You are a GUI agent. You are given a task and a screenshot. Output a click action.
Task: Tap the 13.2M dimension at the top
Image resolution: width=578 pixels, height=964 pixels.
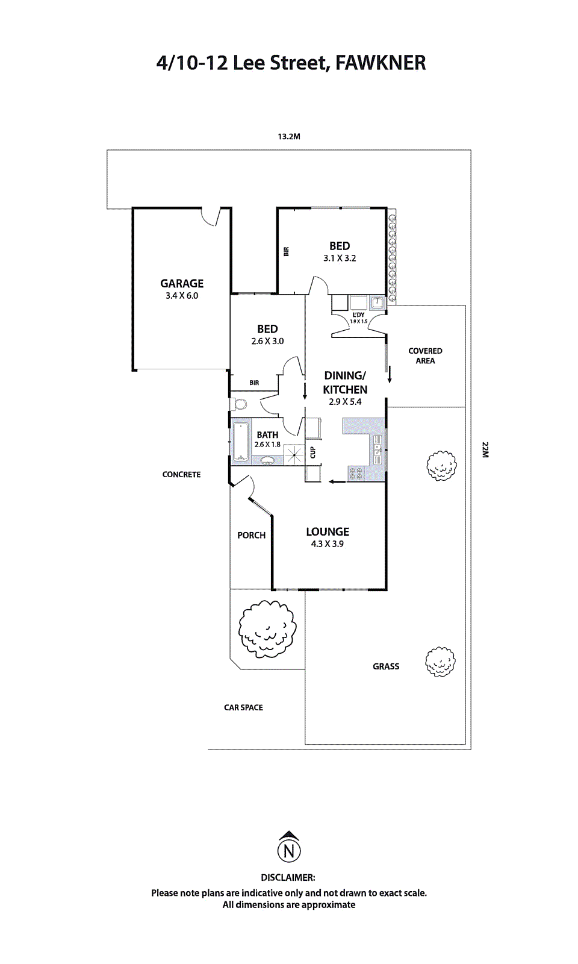(x=289, y=137)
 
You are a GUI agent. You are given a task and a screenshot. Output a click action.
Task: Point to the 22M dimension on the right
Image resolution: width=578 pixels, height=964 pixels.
(x=485, y=449)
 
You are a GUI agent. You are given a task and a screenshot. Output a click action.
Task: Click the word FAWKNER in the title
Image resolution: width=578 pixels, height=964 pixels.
(x=380, y=63)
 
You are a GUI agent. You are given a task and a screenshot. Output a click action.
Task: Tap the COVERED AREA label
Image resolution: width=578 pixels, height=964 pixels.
(x=425, y=355)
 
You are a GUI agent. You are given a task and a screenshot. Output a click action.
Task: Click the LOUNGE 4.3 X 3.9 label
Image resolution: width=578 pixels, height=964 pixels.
(x=328, y=537)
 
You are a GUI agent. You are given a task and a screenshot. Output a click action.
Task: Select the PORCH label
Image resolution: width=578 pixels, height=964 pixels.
(x=251, y=535)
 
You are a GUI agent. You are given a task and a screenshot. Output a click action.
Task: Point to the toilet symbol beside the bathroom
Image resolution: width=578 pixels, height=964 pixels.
(x=238, y=403)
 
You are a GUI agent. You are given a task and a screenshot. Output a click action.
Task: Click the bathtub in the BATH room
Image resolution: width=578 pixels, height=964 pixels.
(x=241, y=442)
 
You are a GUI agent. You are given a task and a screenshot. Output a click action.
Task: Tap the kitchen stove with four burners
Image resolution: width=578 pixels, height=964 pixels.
(x=356, y=474)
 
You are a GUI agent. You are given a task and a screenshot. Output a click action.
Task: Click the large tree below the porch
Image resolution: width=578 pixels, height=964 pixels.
(x=267, y=629)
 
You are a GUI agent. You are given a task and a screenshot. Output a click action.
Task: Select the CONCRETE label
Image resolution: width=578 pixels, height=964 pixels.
(x=181, y=475)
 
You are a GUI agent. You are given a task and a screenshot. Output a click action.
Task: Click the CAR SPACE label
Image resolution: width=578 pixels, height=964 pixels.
(x=243, y=707)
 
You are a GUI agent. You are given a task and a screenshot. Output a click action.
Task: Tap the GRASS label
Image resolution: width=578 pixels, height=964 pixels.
(x=386, y=666)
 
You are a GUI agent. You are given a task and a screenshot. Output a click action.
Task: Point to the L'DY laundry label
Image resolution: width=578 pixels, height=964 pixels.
(x=358, y=315)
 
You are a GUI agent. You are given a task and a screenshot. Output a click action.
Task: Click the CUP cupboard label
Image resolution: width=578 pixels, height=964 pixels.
(x=312, y=452)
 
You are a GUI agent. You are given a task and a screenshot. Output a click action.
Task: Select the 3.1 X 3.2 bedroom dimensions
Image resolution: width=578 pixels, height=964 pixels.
(x=340, y=258)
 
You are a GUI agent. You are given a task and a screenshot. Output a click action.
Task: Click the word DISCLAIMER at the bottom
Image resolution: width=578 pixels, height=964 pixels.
(x=288, y=878)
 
